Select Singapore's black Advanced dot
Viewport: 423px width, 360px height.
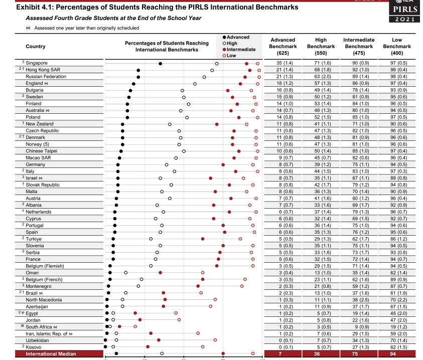160,64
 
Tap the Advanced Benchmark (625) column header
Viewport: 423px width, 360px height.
283,46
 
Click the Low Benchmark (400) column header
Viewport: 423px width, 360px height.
396,46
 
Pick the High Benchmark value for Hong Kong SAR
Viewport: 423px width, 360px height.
321,70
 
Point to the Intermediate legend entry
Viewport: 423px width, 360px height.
240,50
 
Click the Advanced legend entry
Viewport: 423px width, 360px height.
237,38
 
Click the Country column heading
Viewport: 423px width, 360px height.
35,46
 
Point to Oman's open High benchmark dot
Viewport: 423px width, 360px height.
125,273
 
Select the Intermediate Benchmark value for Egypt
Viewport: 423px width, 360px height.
358,313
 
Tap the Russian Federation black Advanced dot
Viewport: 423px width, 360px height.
138,77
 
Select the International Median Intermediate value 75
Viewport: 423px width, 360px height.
359,354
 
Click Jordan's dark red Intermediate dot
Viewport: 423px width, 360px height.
140,319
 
